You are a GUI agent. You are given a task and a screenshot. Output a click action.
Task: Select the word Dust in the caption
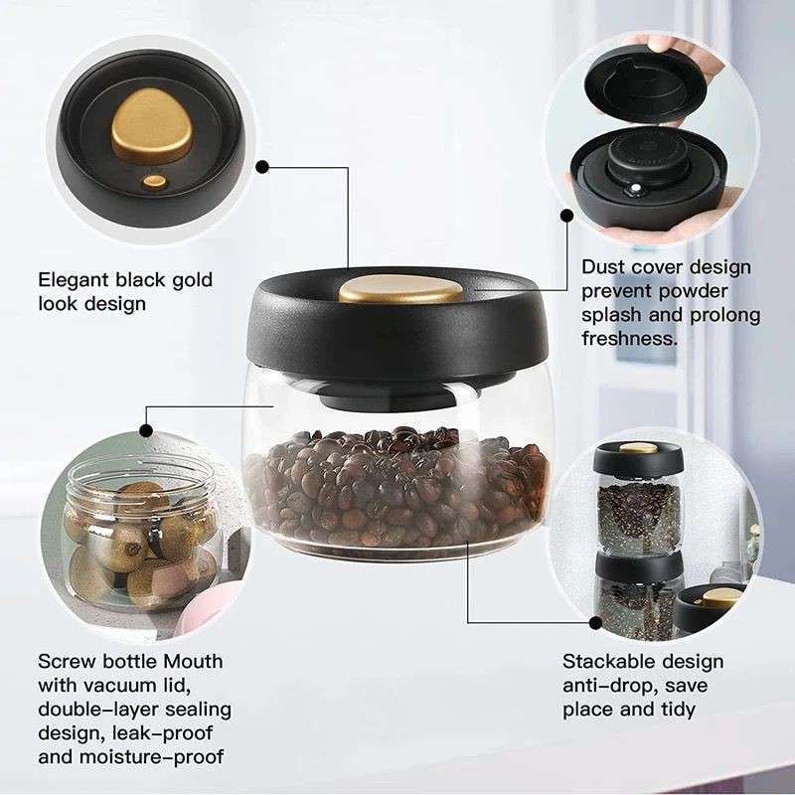[604, 267]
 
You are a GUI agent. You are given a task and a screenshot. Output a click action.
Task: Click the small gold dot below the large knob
[154, 181]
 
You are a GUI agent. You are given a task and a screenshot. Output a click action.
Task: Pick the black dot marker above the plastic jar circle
[147, 430]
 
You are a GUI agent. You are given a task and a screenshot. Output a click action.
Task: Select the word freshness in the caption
[629, 338]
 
